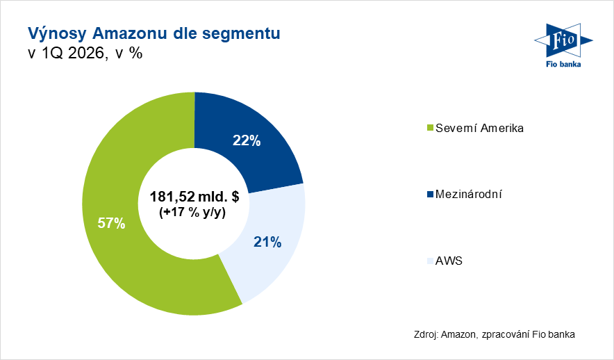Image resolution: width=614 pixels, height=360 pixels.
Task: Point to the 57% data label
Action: [111, 223]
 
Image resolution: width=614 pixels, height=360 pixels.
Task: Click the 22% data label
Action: [247, 141]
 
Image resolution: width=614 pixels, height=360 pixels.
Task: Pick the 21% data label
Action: [267, 242]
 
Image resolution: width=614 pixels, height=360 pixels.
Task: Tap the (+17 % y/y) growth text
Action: [194, 213]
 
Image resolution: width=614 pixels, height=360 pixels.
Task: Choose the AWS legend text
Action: [449, 261]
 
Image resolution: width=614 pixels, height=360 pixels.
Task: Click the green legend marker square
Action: [429, 129]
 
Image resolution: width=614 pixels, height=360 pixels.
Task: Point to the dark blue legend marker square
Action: [429, 195]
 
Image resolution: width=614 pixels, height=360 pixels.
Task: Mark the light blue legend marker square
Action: [429, 261]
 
